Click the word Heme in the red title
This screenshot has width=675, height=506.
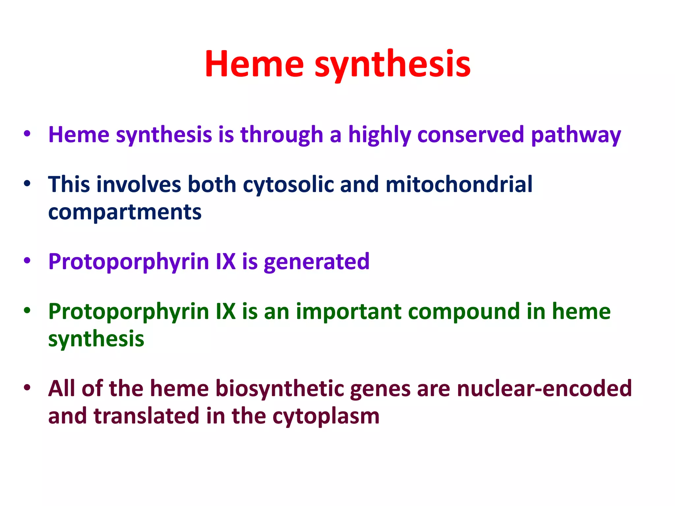254,64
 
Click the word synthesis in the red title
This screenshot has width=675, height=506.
393,64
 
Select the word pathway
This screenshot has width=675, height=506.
576,135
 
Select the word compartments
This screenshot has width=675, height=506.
125,212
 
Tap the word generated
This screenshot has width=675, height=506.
316,262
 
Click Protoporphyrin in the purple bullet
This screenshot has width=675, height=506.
129,262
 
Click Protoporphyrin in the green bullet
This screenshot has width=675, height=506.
129,312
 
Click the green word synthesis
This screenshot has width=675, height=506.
96,339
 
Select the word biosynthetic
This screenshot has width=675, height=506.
280,389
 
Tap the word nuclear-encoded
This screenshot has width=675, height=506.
544,389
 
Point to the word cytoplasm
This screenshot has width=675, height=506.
326,417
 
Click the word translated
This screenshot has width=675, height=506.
147,416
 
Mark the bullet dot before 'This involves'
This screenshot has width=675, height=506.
27,183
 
